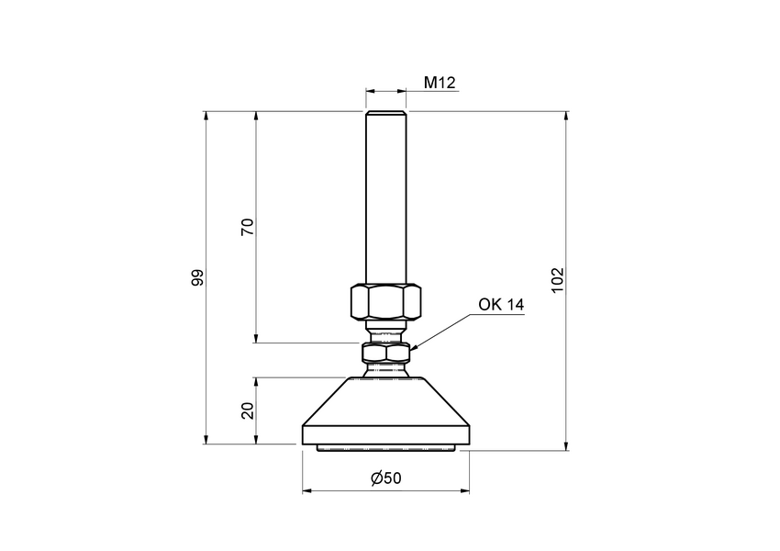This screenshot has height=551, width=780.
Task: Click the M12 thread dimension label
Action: coord(440,84)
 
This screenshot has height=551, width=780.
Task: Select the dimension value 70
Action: coord(247,228)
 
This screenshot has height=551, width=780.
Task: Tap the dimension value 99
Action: coord(196,278)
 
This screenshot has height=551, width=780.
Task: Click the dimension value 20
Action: coord(247,410)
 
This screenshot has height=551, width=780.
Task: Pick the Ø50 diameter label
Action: coord(385,478)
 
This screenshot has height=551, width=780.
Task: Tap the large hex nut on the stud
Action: coord(385,300)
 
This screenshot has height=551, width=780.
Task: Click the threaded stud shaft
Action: coord(385,202)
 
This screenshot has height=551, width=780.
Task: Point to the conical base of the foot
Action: coord(385,404)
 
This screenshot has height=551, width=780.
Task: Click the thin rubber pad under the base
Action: coord(385,447)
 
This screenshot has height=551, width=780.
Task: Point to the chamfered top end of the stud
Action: coord(385,114)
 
